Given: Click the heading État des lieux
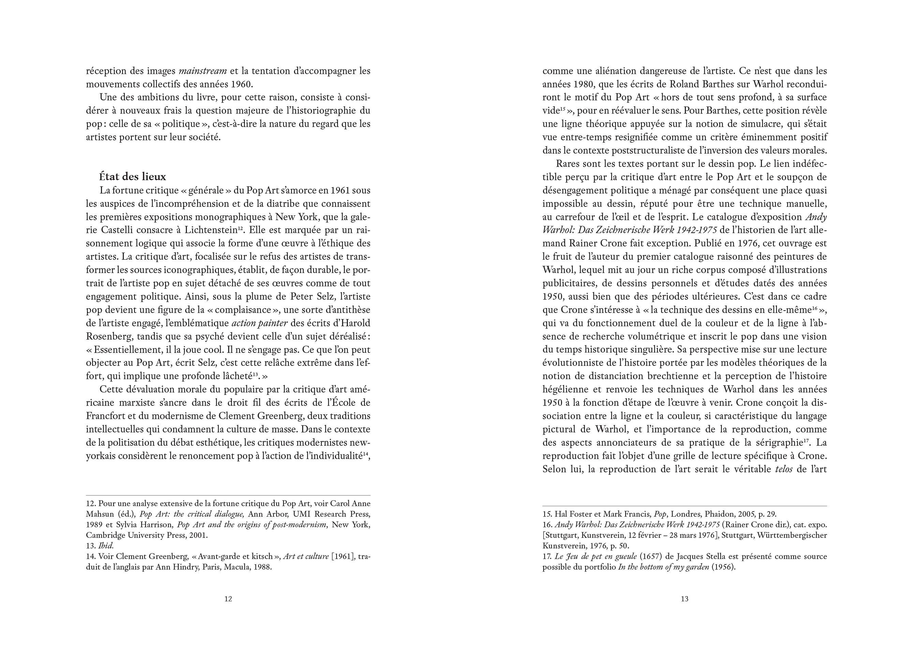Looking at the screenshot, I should [132, 177].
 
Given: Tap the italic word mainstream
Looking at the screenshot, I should [203, 71].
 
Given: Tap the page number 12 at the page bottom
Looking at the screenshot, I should [228, 599].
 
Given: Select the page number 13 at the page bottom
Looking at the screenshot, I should [684, 599].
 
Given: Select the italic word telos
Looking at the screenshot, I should [784, 470].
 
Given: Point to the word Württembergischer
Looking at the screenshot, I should [792, 535].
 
